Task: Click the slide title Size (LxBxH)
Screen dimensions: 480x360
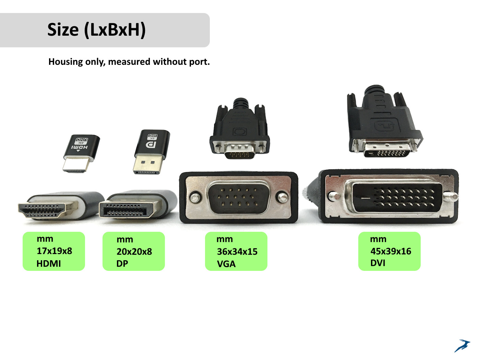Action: click(96, 30)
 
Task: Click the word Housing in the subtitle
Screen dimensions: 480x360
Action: click(65, 62)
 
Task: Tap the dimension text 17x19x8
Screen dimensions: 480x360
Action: click(54, 251)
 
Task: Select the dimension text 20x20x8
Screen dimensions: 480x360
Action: click(134, 252)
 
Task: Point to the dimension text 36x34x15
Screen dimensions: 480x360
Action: click(237, 252)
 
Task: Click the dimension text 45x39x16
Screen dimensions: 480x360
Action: click(391, 251)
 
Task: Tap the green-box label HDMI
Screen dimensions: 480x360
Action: click(49, 264)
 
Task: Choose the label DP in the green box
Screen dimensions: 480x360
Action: click(122, 264)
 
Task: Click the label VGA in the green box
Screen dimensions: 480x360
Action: click(226, 264)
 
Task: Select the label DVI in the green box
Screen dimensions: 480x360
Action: click(377, 263)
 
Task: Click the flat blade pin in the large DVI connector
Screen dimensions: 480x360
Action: click(365, 198)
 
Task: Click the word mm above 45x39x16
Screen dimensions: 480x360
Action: click(378, 239)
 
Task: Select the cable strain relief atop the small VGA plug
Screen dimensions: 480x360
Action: click(241, 104)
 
